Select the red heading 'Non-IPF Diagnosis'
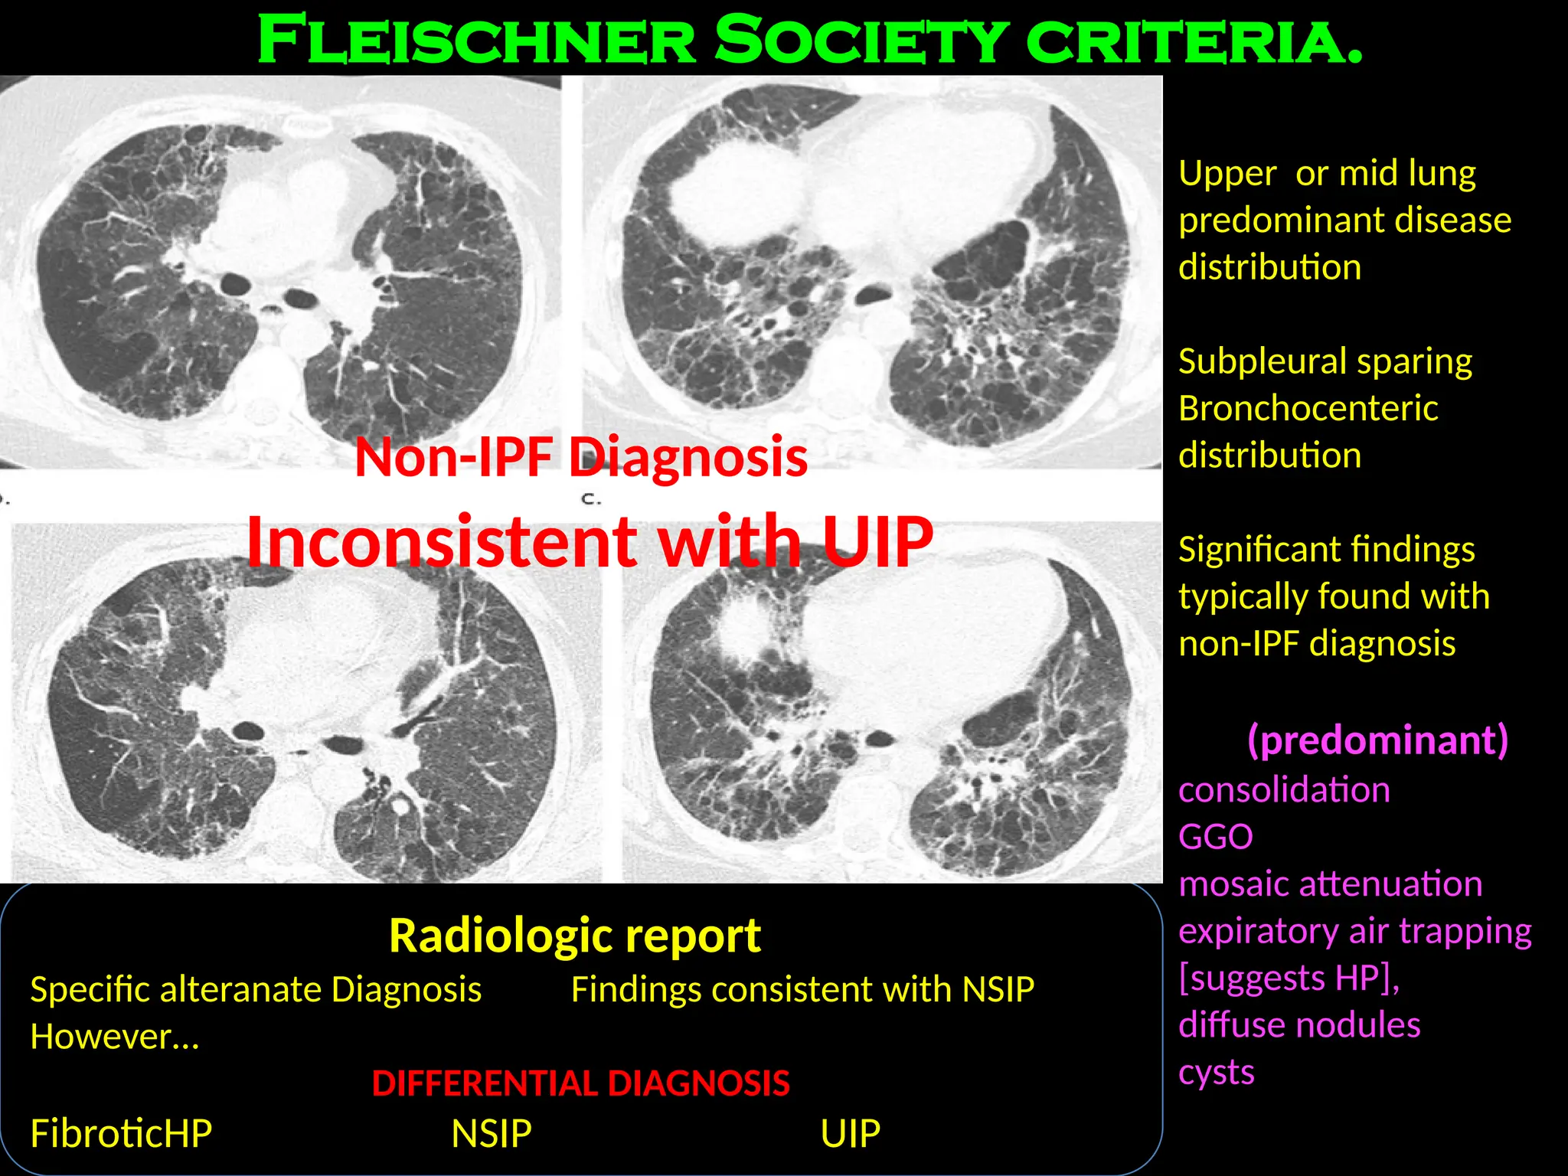coord(581,457)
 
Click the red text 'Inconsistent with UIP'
coord(590,541)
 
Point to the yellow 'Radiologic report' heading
coord(575,936)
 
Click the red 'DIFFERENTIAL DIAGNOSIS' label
coord(580,1083)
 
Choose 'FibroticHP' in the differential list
coord(121,1133)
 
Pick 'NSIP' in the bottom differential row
coord(492,1133)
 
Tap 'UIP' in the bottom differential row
coord(850,1133)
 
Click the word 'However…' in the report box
coord(115,1037)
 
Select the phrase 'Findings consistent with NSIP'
coord(802,989)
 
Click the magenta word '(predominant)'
coord(1377,740)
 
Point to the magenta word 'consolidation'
coord(1284,789)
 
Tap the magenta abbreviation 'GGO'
coord(1216,837)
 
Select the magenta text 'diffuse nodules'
coord(1299,1025)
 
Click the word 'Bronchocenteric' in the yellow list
coord(1308,408)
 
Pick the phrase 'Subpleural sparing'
coord(1325,361)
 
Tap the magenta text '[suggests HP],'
coord(1289,978)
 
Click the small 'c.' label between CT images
coord(591,499)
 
